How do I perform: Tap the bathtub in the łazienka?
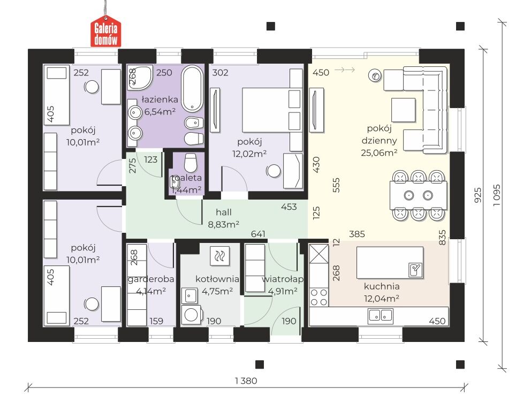coord(192,89)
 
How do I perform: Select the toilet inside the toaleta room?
coord(191,163)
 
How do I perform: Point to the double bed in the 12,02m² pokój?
coord(272,110)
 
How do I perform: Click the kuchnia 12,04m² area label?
coord(382,292)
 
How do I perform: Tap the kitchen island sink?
coord(415,270)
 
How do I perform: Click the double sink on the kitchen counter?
coord(381,316)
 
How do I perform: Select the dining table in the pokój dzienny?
coord(418,195)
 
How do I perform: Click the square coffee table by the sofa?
coord(403,110)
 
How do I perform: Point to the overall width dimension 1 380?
coord(246,381)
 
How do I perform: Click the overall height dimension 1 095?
coord(496,195)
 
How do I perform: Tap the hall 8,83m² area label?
coord(224,218)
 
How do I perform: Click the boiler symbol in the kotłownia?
coord(220,256)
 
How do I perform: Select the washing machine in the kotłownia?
coord(191,315)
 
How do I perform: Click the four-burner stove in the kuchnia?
coord(319,297)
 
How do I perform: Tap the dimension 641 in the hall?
coord(258,234)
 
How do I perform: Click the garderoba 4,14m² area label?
coord(151,285)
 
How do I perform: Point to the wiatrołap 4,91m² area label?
coord(283,285)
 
